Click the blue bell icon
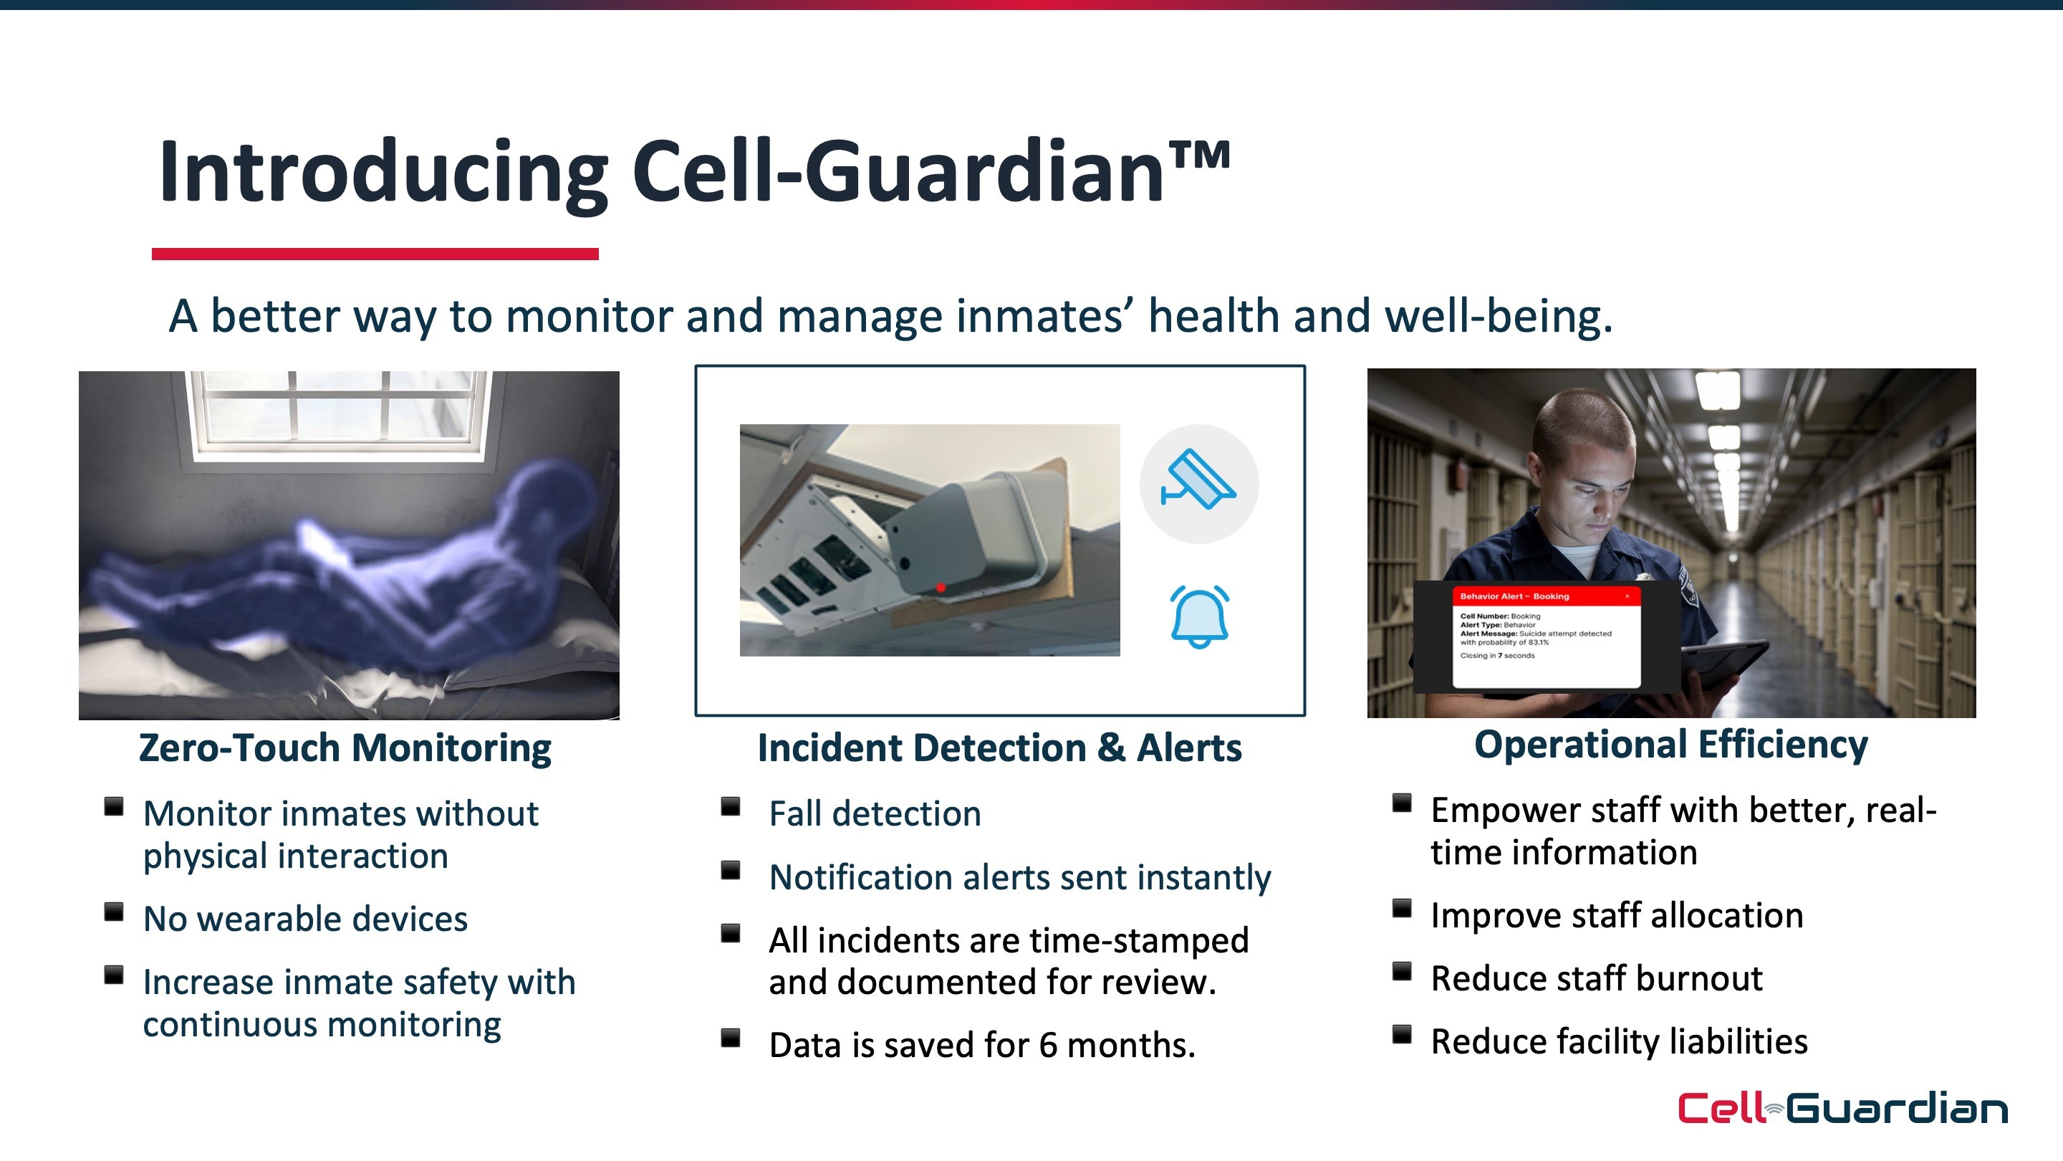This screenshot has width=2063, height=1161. tap(1199, 616)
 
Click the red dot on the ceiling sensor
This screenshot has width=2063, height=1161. tap(941, 588)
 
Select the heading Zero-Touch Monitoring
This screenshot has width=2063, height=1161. tap(345, 748)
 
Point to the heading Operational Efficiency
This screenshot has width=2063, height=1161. tap(1670, 745)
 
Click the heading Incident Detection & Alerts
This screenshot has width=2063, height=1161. tap(999, 748)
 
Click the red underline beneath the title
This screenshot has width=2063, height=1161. tap(375, 254)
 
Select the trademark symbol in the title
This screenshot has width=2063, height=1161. tap(1199, 156)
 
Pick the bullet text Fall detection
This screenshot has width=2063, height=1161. tap(875, 814)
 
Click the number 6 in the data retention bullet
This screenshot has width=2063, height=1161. tap(1047, 1046)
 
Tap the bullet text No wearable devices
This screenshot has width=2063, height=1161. tap(305, 919)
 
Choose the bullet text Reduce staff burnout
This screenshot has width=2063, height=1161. tap(1597, 978)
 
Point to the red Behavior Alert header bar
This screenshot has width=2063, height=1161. tap(1546, 596)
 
